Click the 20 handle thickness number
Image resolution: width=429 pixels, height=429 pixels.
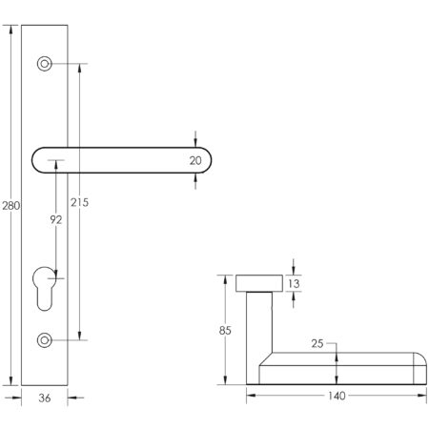196,160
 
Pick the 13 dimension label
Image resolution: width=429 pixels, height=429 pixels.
294,282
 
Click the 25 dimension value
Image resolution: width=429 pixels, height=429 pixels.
317,344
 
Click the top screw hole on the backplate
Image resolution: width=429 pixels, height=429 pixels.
44,64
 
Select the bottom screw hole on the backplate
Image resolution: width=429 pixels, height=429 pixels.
44,339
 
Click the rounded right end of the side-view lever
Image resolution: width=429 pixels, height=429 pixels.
418,366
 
